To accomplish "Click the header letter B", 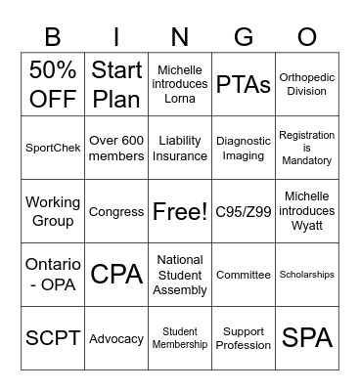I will pyautogui.click(x=53, y=37).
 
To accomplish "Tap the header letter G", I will pyautogui.click(x=243, y=37).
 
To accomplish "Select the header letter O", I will pyautogui.click(x=306, y=37).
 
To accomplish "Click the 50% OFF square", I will pyautogui.click(x=53, y=84).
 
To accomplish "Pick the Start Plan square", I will pyautogui.click(x=116, y=84).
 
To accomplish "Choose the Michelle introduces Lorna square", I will pyautogui.click(x=180, y=84).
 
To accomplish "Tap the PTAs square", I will pyautogui.click(x=243, y=84).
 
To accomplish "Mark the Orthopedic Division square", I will pyautogui.click(x=306, y=84).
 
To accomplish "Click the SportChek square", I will pyautogui.click(x=53, y=148).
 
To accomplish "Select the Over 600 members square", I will pyautogui.click(x=116, y=148).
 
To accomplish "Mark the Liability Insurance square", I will pyautogui.click(x=180, y=148).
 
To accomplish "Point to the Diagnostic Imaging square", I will pyautogui.click(x=243, y=148).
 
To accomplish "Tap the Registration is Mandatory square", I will pyautogui.click(x=306, y=148).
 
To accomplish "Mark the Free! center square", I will pyautogui.click(x=180, y=211).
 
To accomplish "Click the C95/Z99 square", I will pyautogui.click(x=243, y=211).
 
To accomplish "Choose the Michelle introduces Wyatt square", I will pyautogui.click(x=306, y=211).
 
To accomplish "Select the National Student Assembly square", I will pyautogui.click(x=180, y=275).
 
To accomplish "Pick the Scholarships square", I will pyautogui.click(x=306, y=275).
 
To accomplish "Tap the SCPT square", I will pyautogui.click(x=53, y=338).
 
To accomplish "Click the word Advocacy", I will pyautogui.click(x=116, y=338).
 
